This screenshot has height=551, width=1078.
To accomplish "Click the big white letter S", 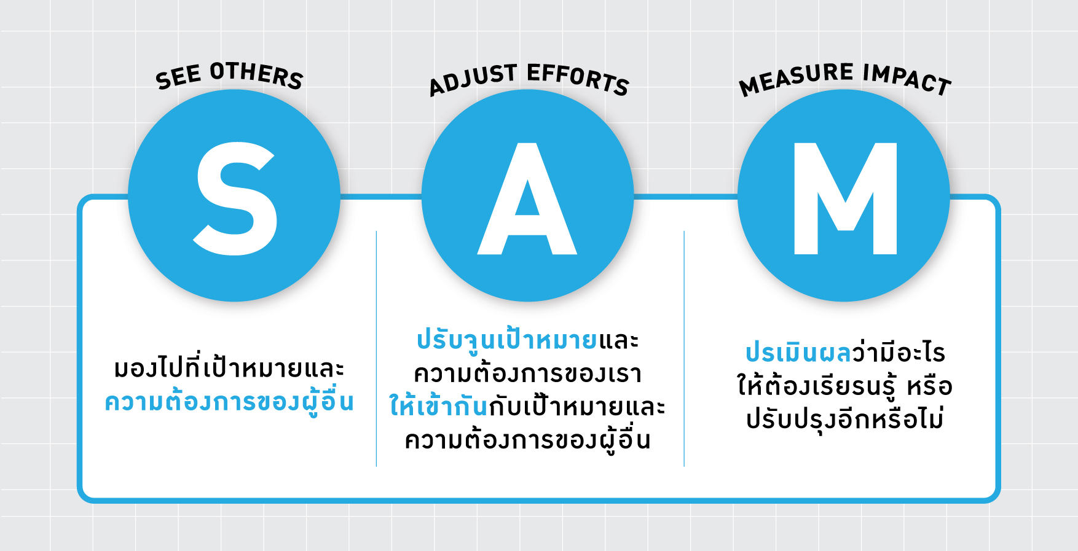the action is pyautogui.click(x=235, y=198).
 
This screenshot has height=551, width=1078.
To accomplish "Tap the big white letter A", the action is pyautogui.click(x=527, y=199).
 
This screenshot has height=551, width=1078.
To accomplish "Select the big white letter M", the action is pyautogui.click(x=846, y=199).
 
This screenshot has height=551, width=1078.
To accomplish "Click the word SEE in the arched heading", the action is pyautogui.click(x=179, y=77).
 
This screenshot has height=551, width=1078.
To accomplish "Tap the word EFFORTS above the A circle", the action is pyautogui.click(x=578, y=79).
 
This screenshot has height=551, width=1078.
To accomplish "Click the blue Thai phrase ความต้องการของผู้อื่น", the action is pyautogui.click(x=229, y=403).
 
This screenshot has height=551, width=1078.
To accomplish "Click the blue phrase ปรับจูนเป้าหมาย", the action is pyautogui.click(x=507, y=340).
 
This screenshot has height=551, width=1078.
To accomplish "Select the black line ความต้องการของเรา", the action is pyautogui.click(x=528, y=373).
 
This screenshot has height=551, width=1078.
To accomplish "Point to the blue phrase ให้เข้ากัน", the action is pyautogui.click(x=438, y=406).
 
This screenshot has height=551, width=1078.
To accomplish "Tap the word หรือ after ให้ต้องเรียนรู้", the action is pyautogui.click(x=930, y=386).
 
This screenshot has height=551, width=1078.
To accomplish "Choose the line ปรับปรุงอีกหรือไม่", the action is pyautogui.click(x=845, y=420).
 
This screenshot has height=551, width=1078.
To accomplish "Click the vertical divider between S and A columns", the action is pyautogui.click(x=376, y=349).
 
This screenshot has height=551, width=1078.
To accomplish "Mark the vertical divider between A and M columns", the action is pyautogui.click(x=684, y=349).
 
